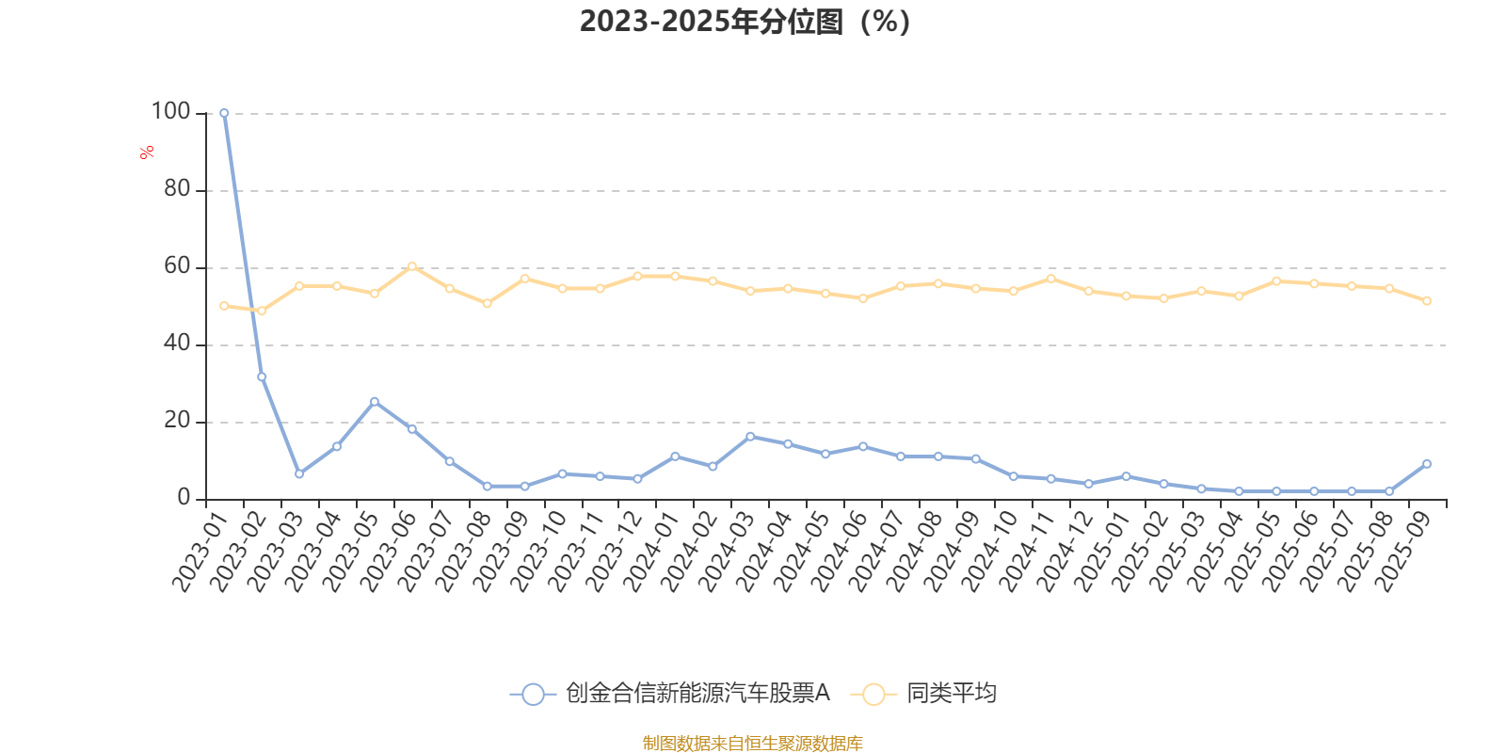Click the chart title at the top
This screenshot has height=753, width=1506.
tap(744, 22)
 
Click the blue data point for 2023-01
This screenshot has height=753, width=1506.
tap(224, 113)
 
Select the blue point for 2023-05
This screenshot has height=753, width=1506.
tap(375, 402)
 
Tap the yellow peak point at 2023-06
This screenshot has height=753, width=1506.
tap(412, 266)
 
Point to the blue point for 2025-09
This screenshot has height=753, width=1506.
tap(1427, 464)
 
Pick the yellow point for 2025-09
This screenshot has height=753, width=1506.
tap(1427, 301)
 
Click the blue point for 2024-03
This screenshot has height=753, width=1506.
tap(750, 437)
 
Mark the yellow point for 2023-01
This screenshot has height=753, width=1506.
tap(224, 306)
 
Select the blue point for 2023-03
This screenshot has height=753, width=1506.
tap(299, 473)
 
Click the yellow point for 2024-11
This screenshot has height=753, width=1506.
tap(1051, 279)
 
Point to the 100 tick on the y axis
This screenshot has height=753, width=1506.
tap(170, 112)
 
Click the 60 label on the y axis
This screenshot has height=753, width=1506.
tap(176, 266)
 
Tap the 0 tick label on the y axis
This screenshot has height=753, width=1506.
tap(184, 498)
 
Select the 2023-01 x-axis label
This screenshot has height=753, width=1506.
tap(197, 551)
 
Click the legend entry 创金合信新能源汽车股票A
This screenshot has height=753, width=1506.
tap(697, 694)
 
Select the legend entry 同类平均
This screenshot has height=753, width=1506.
tap(951, 694)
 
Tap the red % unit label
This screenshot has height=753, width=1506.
tap(147, 152)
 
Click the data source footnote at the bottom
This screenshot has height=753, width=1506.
tap(752, 744)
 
